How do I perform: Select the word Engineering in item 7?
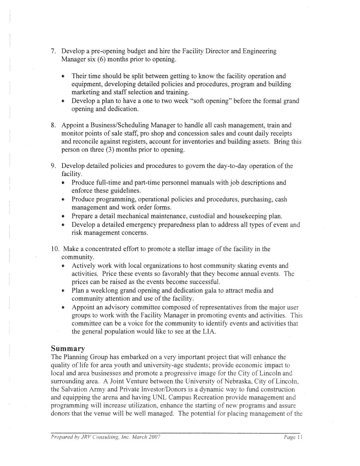pos(259,52)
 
